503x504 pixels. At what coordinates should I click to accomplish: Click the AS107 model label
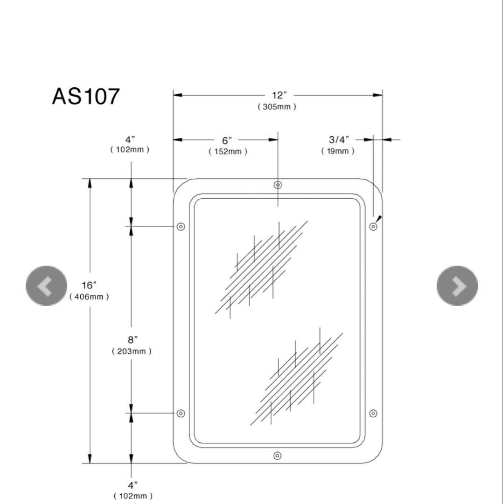86,97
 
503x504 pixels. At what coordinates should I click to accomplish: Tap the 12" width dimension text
279,95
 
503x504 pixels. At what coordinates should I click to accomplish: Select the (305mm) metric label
277,107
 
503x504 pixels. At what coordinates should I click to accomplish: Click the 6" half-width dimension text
227,140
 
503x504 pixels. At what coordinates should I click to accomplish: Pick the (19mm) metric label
337,151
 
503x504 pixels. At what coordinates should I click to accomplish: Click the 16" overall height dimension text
89,286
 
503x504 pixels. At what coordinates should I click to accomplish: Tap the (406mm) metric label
89,297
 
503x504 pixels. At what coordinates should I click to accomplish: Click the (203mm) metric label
131,351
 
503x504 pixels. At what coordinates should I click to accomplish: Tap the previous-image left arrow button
46,286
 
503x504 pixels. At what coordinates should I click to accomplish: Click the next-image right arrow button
457,286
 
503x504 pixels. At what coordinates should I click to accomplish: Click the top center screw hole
278,185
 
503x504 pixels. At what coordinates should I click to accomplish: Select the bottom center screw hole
277,455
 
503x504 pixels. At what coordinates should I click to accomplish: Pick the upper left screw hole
181,227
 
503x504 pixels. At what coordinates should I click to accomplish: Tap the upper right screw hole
373,227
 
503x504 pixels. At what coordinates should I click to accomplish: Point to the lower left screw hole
181,413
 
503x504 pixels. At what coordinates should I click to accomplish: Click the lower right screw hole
373,413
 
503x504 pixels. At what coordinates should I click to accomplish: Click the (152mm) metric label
228,152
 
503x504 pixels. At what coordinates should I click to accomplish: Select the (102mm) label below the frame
133,496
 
